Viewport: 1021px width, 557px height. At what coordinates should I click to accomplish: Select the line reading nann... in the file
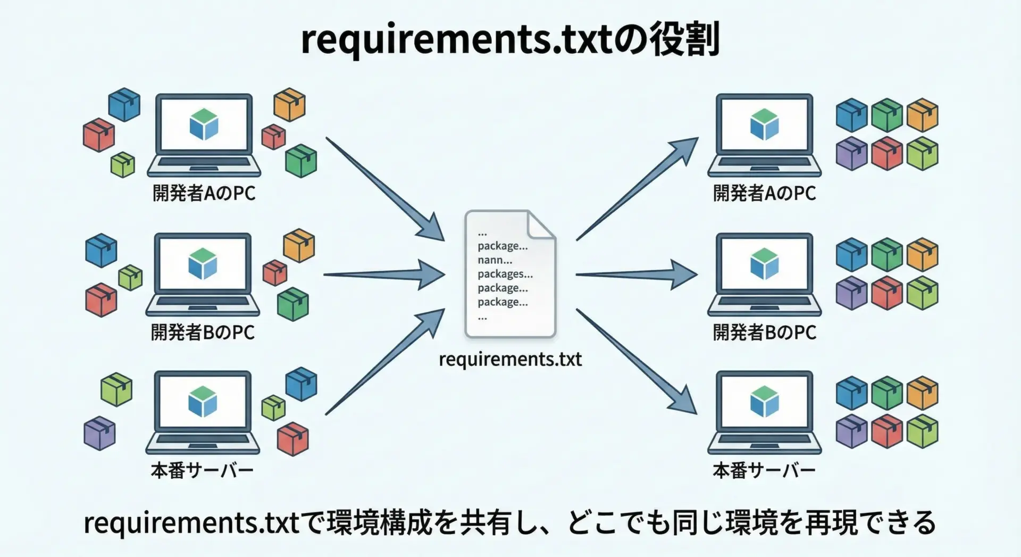[495, 260]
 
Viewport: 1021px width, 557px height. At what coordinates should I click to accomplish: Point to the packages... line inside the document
[505, 274]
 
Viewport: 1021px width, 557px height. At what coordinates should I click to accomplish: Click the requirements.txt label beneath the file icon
[510, 360]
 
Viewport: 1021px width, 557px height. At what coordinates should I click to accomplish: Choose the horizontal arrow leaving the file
[636, 275]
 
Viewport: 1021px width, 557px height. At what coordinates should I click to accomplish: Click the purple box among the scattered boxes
[99, 433]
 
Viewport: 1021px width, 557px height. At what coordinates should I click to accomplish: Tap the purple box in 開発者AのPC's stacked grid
[851, 153]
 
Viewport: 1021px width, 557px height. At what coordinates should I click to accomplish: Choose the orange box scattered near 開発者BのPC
[299, 245]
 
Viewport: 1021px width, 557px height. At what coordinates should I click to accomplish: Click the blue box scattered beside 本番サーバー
[301, 384]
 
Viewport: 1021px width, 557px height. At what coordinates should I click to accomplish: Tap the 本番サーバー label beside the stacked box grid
[764, 471]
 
